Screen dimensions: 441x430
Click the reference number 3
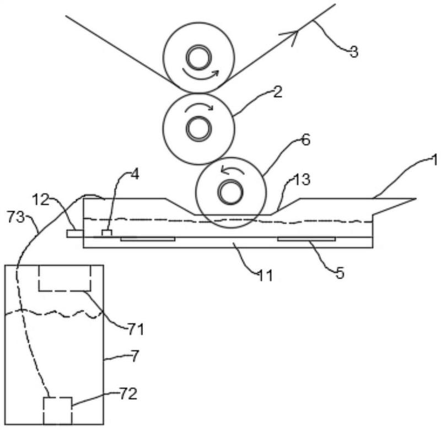pos(354,52)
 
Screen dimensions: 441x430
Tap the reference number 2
pos(278,92)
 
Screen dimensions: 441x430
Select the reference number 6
pos(305,140)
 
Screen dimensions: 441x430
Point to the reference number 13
pos(302,179)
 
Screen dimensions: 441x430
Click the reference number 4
pos(135,175)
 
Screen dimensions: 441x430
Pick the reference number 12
pos(41,200)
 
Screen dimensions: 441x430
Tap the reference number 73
pos(16,217)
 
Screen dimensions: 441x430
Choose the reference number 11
pos(266,276)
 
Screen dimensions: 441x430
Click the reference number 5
pos(340,273)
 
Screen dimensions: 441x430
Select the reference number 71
pos(136,329)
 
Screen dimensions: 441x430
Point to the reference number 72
pos(128,394)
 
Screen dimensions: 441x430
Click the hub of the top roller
pos(199,57)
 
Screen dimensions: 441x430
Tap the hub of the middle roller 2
pos(199,128)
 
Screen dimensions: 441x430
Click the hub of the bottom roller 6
pos(230,192)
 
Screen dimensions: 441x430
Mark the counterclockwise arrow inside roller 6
pos(232,169)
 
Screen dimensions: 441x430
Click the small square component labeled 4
pos(107,233)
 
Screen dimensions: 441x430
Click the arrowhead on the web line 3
pos(291,36)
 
